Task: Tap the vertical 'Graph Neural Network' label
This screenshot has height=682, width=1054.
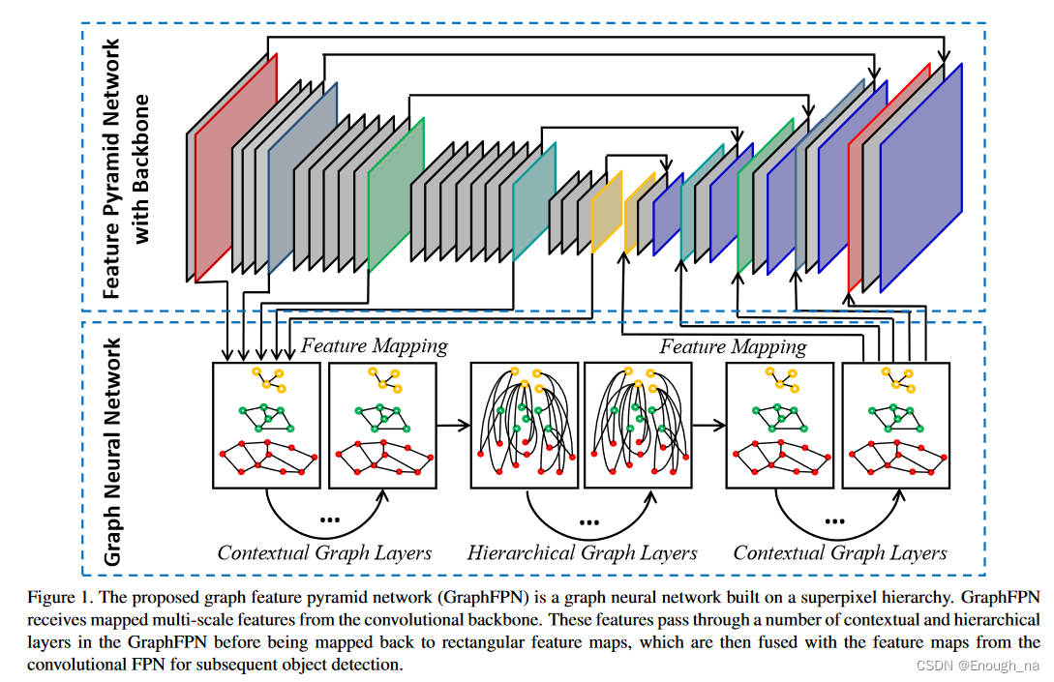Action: [112, 451]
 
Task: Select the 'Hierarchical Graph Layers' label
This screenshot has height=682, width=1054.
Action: [582, 553]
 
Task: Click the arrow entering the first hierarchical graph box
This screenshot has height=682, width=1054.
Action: [452, 425]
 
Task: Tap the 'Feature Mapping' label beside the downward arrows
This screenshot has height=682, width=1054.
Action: [374, 345]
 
